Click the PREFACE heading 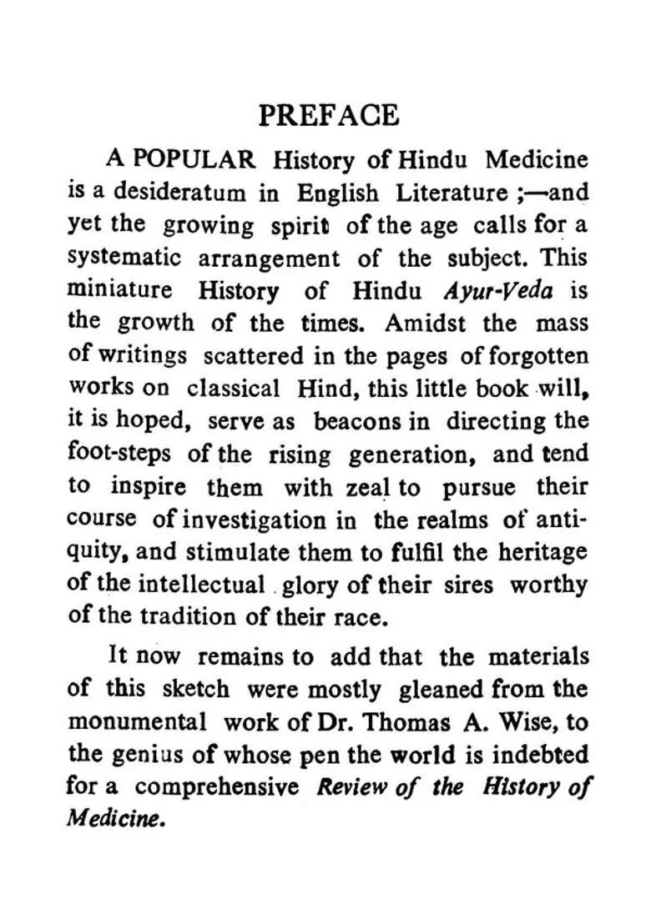click(x=328, y=114)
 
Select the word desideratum click(x=179, y=192)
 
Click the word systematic click(x=123, y=258)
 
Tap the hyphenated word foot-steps click(x=119, y=454)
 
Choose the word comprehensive click(x=217, y=786)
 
